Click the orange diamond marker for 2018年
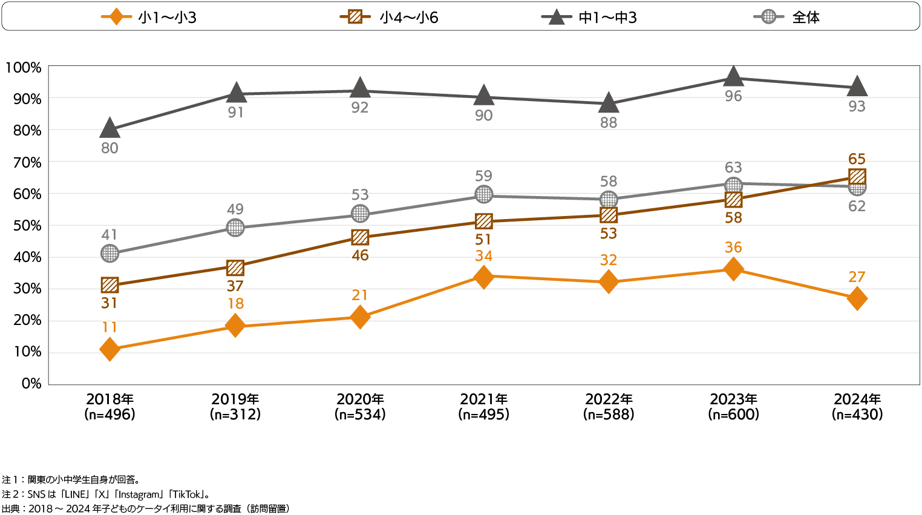coord(110,349)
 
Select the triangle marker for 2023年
coord(733,77)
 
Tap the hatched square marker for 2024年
coord(857,177)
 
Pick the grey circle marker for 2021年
coord(483,194)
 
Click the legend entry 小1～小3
coord(149,17)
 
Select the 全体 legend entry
coord(786,17)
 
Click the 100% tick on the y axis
coord(24,68)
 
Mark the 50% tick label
coord(27,226)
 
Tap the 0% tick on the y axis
coord(31,384)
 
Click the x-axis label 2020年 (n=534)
coord(360,407)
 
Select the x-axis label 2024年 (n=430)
coord(857,407)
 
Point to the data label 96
coord(733,96)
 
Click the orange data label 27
coord(857,277)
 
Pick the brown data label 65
coord(857,159)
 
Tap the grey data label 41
coord(110,235)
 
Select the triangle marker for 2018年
coord(110,128)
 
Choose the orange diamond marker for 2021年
coord(483,277)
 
